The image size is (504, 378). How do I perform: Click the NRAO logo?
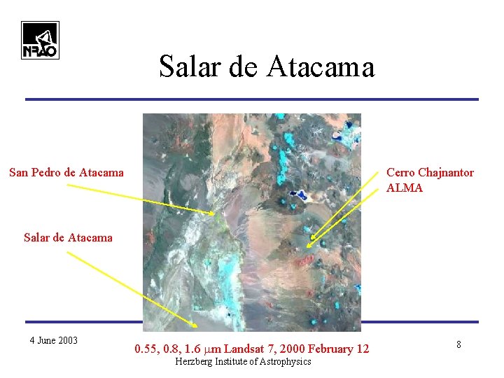(x=40, y=40)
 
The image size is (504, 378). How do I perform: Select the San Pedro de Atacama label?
(x=66, y=172)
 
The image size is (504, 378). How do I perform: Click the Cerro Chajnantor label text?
(x=430, y=172)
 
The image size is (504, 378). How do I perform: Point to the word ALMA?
(x=405, y=188)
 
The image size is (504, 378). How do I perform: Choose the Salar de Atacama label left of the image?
(x=68, y=237)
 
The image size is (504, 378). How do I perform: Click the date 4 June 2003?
(x=54, y=341)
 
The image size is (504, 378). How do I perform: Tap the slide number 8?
(x=458, y=344)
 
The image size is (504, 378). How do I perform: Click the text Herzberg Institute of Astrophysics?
(x=243, y=361)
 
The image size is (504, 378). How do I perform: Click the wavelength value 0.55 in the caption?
(x=146, y=349)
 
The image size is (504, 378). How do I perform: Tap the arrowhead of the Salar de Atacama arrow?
(x=196, y=326)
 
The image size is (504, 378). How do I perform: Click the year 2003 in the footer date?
(x=67, y=341)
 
